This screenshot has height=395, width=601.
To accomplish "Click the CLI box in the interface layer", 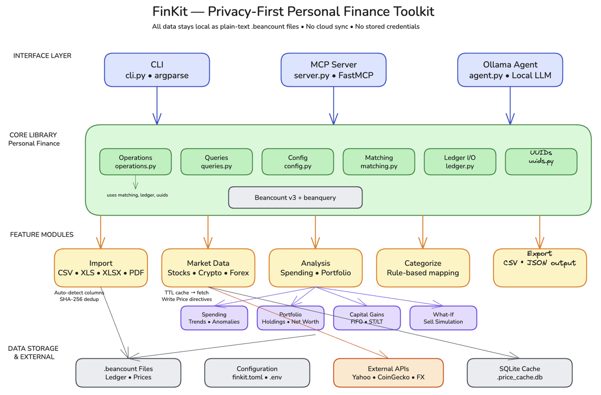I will pyautogui.click(x=157, y=70).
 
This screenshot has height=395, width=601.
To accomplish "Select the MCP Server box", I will pyautogui.click(x=334, y=70).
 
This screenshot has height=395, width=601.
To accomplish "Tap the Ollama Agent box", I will pyautogui.click(x=510, y=70).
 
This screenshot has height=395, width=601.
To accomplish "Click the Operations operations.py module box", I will pyautogui.click(x=135, y=162).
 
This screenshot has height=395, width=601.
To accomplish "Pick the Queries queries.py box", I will pyautogui.click(x=216, y=162).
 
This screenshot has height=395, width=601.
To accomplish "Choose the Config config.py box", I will pyautogui.click(x=297, y=162).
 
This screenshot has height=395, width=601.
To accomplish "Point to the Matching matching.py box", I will pyautogui.click(x=379, y=162).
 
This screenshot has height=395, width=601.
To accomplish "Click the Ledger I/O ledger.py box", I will pyautogui.click(x=460, y=162).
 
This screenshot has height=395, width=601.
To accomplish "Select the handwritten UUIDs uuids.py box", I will pyautogui.click(x=541, y=162).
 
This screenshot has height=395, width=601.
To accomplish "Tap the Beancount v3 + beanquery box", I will pyautogui.click(x=295, y=198).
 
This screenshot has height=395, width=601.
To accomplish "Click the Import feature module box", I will pyautogui.click(x=101, y=268).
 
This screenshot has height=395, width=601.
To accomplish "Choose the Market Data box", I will pyautogui.click(x=208, y=268).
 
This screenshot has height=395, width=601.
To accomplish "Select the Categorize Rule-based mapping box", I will pyautogui.click(x=423, y=268).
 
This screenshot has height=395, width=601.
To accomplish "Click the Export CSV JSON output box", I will pyautogui.click(x=539, y=268).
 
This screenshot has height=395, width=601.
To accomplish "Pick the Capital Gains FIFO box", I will pyautogui.click(x=367, y=318).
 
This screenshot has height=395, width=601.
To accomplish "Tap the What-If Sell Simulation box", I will pyautogui.click(x=443, y=318).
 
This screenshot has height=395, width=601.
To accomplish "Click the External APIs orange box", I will pyautogui.click(x=388, y=372).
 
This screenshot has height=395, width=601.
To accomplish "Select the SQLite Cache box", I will pyautogui.click(x=519, y=372).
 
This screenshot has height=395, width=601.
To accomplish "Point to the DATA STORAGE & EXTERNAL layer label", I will pyautogui.click(x=33, y=352).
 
